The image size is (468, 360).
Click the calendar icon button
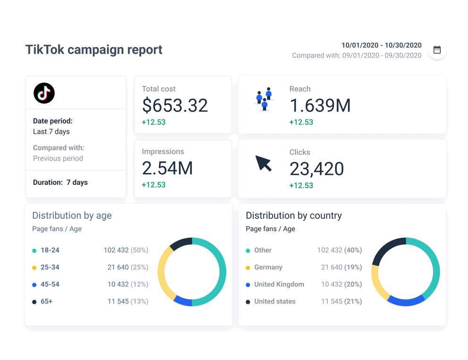(x=437, y=50)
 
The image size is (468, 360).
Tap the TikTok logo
(x=44, y=93)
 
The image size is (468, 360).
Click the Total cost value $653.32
(x=175, y=106)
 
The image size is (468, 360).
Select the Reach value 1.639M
(x=320, y=106)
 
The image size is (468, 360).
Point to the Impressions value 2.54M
(x=167, y=168)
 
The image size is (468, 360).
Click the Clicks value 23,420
(x=317, y=169)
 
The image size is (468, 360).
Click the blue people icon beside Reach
(x=264, y=99)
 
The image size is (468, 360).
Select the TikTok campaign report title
(x=94, y=50)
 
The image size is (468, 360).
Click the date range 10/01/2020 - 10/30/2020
(x=381, y=45)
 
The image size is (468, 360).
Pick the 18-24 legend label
(x=50, y=250)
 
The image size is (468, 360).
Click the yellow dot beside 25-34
(x=34, y=268)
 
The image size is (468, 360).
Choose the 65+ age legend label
(x=47, y=301)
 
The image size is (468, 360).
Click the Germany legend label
(x=268, y=267)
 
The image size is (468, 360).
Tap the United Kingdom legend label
(x=279, y=284)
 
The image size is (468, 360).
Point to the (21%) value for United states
(x=353, y=301)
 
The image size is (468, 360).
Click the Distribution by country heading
(x=293, y=216)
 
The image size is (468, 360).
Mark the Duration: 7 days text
(x=60, y=182)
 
